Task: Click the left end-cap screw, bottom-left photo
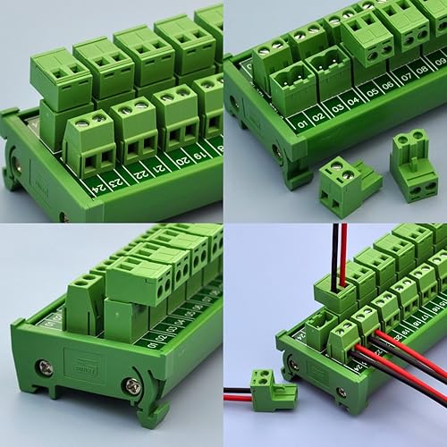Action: click(x=46, y=367)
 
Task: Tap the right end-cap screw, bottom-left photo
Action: click(x=131, y=386)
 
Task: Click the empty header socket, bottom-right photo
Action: click(x=319, y=326)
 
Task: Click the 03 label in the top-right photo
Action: click(x=331, y=109)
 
